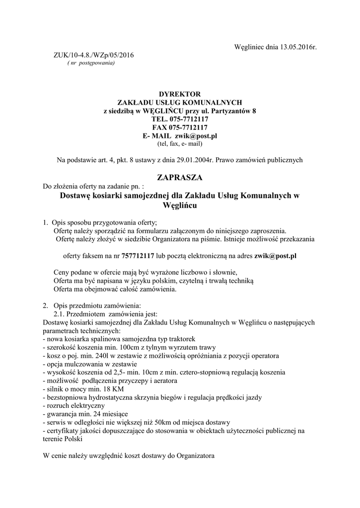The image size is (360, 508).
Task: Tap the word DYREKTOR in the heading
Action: click(180, 94)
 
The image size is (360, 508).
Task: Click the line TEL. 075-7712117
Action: click(180, 119)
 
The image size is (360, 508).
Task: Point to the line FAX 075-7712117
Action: click(180, 127)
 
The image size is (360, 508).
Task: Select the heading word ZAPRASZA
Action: click(180, 177)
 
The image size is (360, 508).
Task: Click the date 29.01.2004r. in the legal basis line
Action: click(194, 160)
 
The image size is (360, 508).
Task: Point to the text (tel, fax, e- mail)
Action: click(180, 143)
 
